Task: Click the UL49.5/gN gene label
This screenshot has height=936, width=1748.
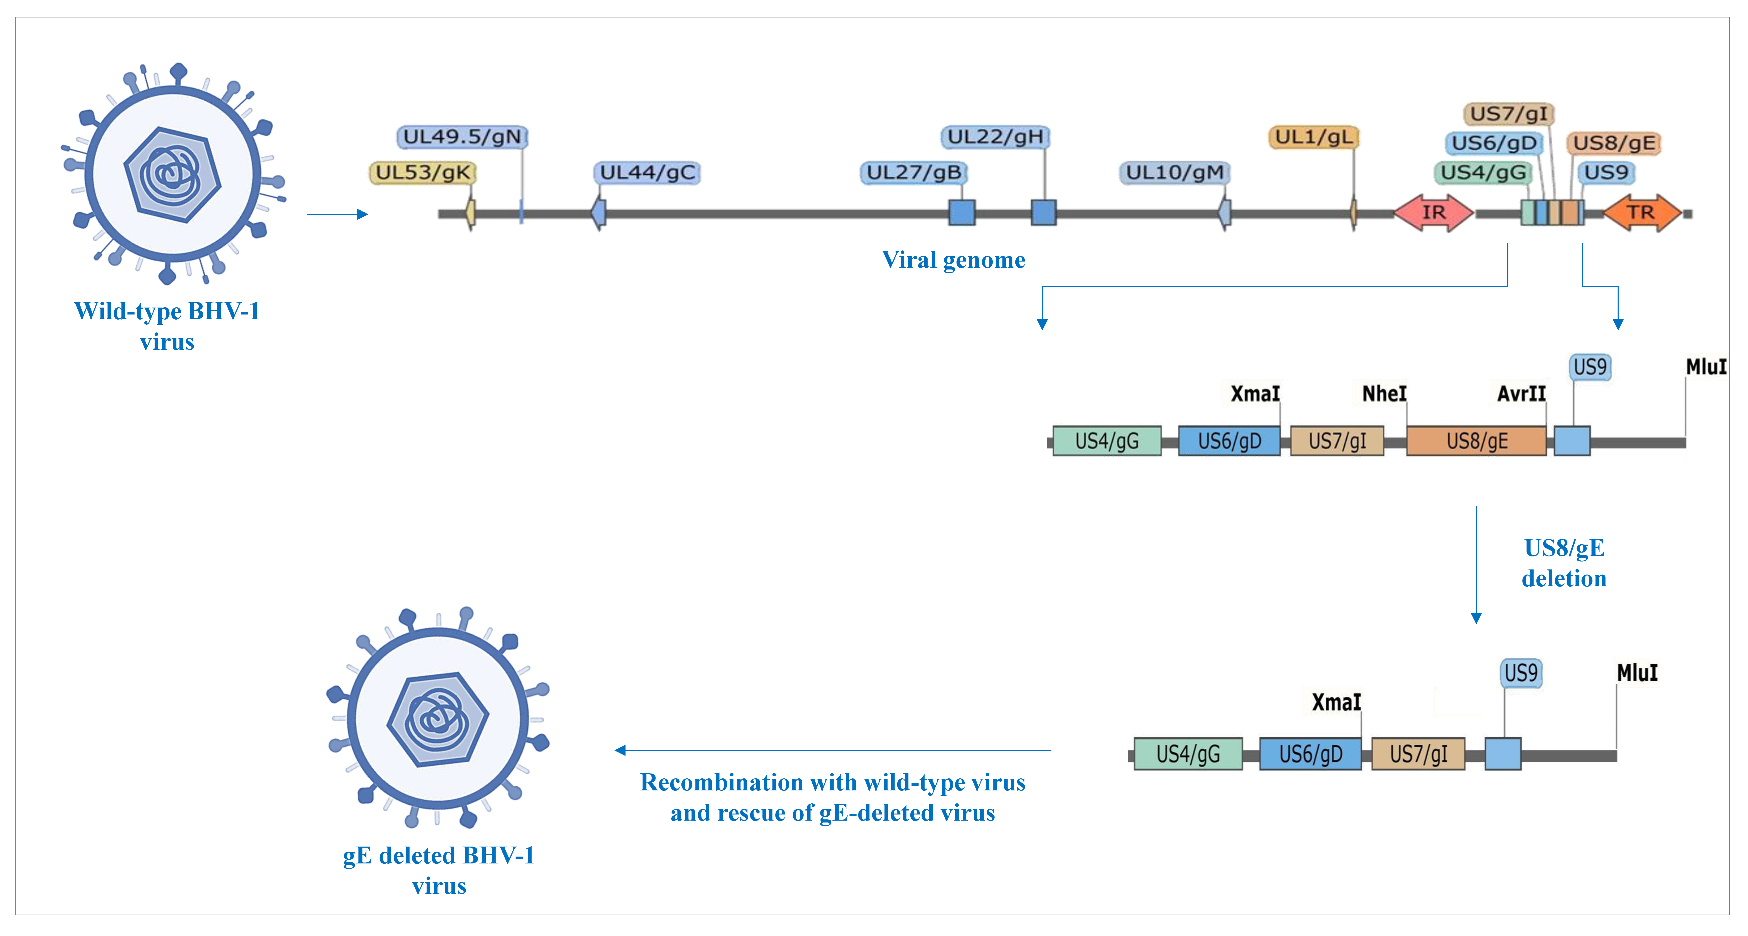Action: click(462, 137)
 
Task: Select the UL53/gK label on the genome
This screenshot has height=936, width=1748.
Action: click(423, 172)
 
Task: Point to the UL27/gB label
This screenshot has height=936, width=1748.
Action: click(913, 172)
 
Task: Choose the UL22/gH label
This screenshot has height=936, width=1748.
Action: click(995, 137)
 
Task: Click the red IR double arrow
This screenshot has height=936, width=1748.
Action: click(1433, 213)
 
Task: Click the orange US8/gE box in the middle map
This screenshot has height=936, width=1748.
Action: click(1476, 441)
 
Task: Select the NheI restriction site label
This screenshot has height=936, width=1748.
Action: click(1384, 394)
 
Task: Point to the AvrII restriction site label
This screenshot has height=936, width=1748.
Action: click(1521, 394)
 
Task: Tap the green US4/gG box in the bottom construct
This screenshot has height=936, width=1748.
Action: click(1187, 753)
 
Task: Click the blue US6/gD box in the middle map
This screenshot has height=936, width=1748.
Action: click(1229, 441)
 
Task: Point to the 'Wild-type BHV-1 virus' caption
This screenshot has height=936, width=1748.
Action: click(167, 326)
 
